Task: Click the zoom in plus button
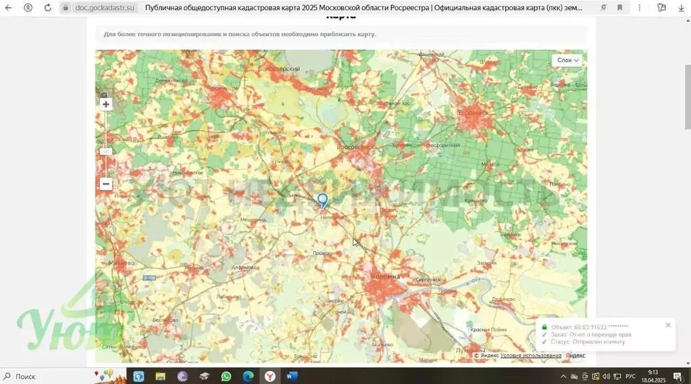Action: (x=106, y=104)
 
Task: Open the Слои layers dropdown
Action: (x=567, y=60)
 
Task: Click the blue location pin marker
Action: (x=323, y=200)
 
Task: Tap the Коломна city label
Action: (x=386, y=277)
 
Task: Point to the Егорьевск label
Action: (x=472, y=112)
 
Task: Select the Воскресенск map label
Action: (x=355, y=147)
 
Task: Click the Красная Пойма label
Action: (x=488, y=329)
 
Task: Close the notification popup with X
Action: (x=668, y=325)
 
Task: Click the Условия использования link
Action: (x=531, y=356)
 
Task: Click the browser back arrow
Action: (x=9, y=7)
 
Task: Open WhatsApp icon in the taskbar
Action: (x=226, y=377)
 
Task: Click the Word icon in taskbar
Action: (x=292, y=377)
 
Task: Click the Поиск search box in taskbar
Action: (x=41, y=377)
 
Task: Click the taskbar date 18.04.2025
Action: (x=653, y=380)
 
